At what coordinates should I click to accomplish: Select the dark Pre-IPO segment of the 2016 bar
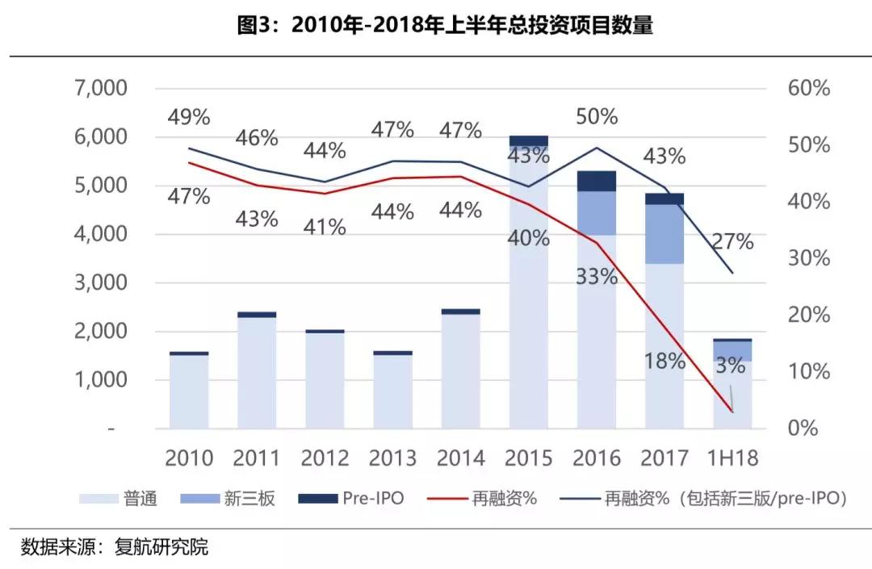(596, 181)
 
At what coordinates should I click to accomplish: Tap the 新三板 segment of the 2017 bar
(664, 234)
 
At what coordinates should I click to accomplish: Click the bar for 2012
(325, 379)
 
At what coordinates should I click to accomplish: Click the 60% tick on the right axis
(809, 88)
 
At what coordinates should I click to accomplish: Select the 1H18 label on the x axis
(732, 458)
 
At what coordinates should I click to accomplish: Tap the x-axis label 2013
(392, 458)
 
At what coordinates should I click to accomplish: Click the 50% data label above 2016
(597, 117)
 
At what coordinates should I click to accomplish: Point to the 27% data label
(732, 241)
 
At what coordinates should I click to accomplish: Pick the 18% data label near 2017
(664, 361)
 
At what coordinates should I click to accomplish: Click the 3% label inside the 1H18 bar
(730, 365)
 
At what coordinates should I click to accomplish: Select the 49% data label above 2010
(189, 117)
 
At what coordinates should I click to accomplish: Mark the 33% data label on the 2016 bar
(597, 276)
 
